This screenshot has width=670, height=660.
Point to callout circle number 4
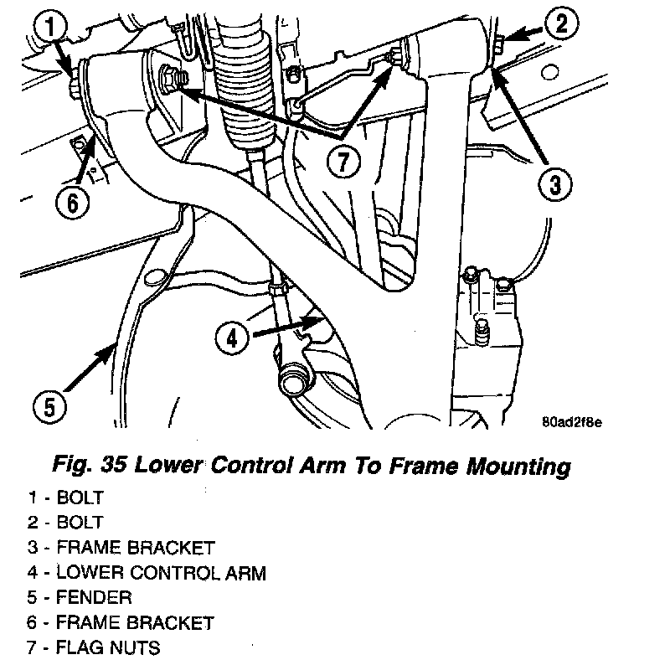233,338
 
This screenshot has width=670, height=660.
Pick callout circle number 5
49,407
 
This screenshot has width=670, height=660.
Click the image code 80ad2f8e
573,421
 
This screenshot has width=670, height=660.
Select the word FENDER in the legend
94,598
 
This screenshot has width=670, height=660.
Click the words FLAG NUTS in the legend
108,647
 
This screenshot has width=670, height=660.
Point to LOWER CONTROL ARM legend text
161,573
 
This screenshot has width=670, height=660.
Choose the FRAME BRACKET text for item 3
135,548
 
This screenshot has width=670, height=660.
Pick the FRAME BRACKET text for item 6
135,622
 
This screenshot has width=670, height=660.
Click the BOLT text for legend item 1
80,498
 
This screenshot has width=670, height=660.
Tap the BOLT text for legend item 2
80,523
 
